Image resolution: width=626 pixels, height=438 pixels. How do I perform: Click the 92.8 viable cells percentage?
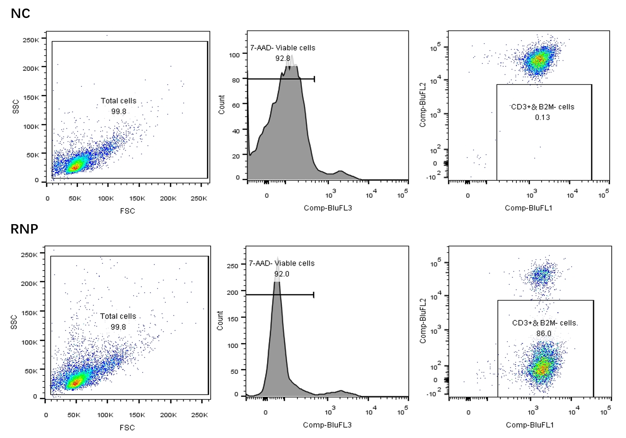tap(283, 58)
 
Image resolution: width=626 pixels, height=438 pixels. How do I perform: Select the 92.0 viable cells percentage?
tap(281, 274)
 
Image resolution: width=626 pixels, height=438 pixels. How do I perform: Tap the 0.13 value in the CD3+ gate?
tap(542, 117)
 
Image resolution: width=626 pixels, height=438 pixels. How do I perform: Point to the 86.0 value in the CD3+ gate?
tap(543, 334)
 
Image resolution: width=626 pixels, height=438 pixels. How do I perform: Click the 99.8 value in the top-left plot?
tap(119, 111)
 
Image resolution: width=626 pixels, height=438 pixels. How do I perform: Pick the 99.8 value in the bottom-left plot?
tap(118, 327)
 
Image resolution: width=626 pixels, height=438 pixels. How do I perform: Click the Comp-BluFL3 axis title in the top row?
tap(328, 208)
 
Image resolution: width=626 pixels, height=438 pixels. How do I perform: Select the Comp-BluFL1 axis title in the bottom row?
tap(530, 425)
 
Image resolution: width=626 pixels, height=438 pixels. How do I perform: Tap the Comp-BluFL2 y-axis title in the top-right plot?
tap(423, 105)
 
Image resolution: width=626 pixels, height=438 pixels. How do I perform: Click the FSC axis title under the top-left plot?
tap(127, 210)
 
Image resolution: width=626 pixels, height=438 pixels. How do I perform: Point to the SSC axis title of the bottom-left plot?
tap(14, 322)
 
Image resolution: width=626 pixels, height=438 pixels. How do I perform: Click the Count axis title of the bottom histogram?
tap(221, 320)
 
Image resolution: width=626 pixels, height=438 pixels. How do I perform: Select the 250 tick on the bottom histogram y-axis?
tap(233, 266)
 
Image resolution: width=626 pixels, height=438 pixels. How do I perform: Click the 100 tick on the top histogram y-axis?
tap(235, 55)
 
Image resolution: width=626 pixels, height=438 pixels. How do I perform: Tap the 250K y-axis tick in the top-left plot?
tap(31, 40)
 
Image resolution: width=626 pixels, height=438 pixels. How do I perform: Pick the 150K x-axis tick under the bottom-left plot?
tap(137, 415)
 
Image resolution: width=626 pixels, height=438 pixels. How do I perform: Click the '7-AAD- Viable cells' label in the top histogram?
tap(283, 48)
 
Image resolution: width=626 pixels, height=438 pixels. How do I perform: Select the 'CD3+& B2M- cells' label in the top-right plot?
tap(543, 107)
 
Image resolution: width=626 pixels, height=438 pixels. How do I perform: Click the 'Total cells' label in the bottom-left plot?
tap(118, 316)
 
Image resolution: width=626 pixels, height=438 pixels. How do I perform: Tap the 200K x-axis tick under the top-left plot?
tap(168, 198)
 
